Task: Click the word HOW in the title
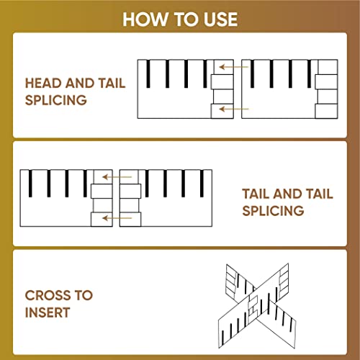click(145, 19)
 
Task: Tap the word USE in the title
click(220, 19)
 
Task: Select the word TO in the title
click(186, 19)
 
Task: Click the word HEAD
click(43, 83)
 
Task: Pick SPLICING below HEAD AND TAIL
click(56, 100)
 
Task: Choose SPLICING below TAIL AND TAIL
click(273, 211)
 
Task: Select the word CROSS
click(48, 295)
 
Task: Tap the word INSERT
click(48, 312)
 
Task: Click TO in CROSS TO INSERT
click(84, 295)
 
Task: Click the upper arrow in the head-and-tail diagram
click(233, 67)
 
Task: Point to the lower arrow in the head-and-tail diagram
click(234, 109)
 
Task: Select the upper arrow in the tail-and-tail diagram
click(117, 177)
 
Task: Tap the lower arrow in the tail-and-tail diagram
click(117, 218)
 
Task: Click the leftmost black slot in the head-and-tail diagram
click(148, 73)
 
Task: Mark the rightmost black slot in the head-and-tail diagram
click(310, 73)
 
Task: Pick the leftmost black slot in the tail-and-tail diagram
click(30, 184)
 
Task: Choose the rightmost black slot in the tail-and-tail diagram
click(202, 184)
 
